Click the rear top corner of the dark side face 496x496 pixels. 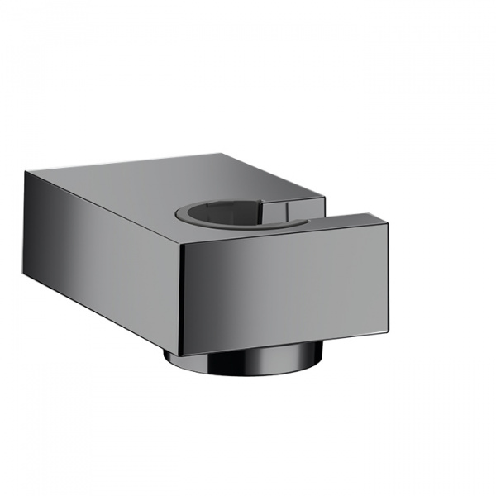(25, 171)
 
